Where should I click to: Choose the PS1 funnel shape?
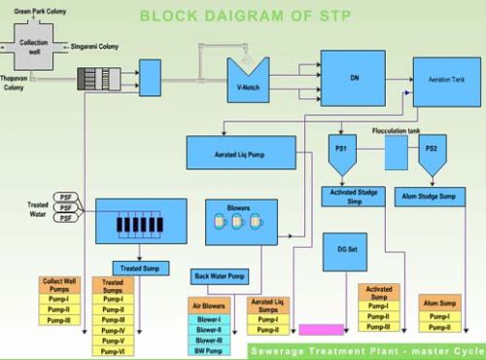tap(342, 151)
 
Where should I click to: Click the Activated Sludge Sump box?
tap(354, 196)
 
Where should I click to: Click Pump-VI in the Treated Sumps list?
tap(113, 351)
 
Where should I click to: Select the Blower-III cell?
tap(208, 340)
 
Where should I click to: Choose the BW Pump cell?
tap(208, 351)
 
